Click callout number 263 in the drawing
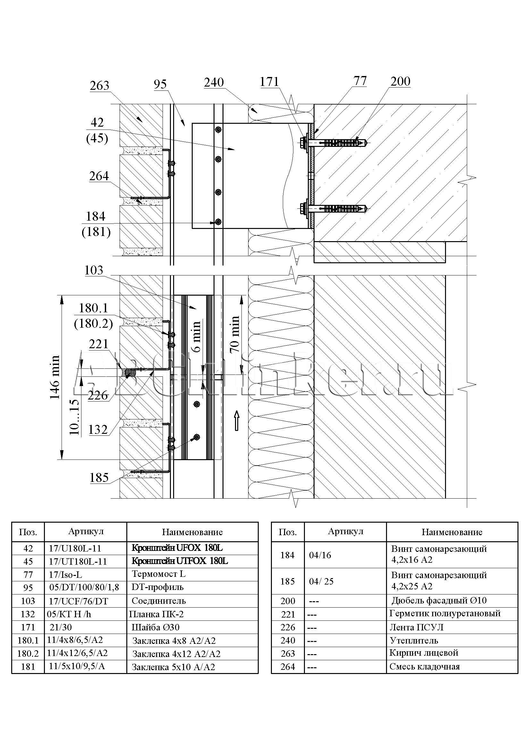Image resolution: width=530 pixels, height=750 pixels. (99, 86)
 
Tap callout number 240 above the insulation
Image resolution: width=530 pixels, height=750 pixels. (214, 82)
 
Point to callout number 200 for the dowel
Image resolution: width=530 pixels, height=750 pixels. (400, 81)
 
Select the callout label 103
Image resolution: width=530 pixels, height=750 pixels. (94, 271)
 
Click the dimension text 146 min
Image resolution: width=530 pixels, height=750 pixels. (55, 377)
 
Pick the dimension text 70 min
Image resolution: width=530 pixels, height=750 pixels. (235, 334)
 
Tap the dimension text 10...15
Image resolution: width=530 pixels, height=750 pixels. (74, 417)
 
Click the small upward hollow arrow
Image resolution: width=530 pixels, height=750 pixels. (237, 421)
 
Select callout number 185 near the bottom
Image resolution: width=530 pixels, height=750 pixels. (99, 477)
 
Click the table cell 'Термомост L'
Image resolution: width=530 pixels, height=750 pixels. (158, 574)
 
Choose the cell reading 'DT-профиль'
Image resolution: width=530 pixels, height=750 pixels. (157, 587)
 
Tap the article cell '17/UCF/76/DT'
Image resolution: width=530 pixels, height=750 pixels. (78, 601)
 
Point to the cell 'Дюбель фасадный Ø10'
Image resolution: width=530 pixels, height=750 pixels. (439, 600)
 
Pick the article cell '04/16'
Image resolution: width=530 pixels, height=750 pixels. (320, 555)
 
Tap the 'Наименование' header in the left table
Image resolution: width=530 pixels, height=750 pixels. (192, 532)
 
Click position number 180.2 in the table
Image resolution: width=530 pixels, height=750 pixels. (28, 653)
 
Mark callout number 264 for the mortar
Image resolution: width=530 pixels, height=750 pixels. (99, 176)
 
